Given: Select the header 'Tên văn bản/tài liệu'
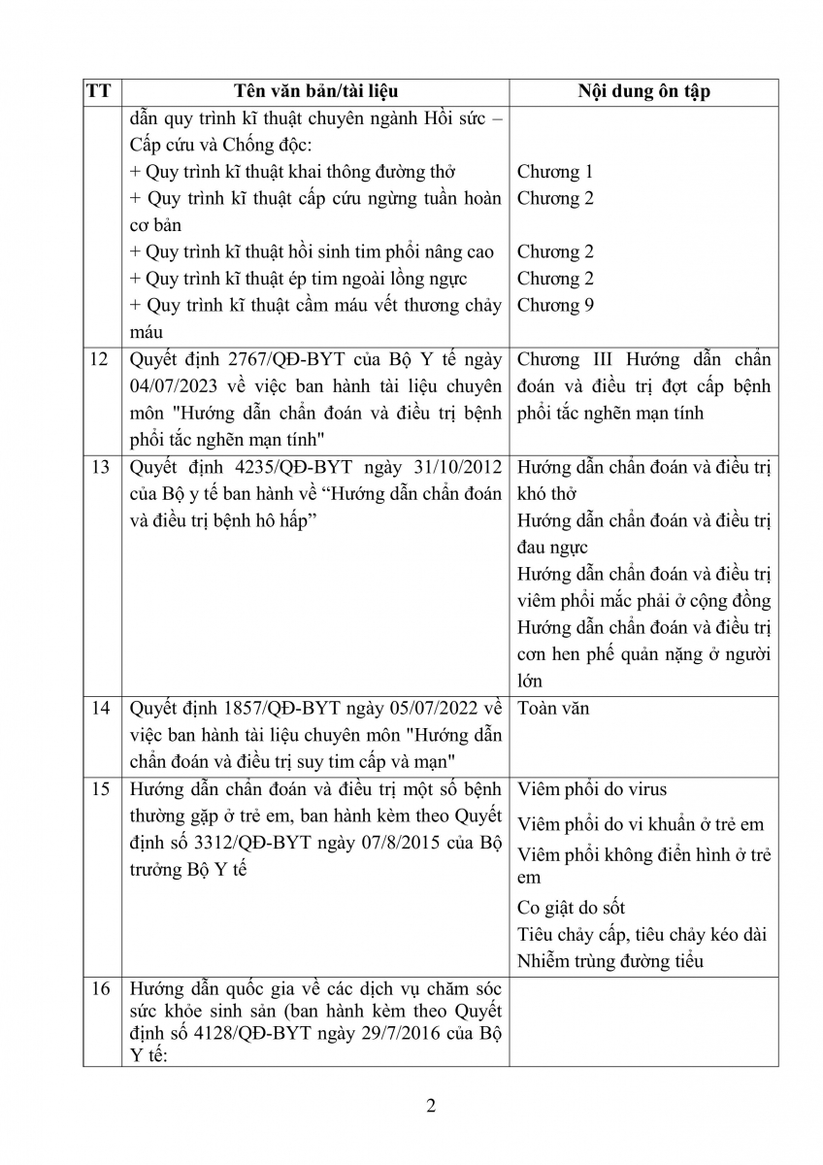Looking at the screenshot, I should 316,92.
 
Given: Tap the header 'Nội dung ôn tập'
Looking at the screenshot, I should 643,92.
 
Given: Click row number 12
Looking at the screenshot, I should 99,360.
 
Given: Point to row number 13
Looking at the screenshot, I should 99,467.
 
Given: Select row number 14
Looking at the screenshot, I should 99,708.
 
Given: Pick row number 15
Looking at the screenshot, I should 99,788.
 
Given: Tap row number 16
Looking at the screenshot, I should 99,989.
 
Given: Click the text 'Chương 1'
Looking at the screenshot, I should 555,172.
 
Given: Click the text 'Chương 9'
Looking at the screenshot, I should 555,305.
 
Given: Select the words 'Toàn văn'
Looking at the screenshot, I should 553,708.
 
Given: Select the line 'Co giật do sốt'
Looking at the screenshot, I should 572,908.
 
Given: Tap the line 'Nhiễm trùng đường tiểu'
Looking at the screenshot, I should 609,961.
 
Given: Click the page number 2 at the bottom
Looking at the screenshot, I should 431,1106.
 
